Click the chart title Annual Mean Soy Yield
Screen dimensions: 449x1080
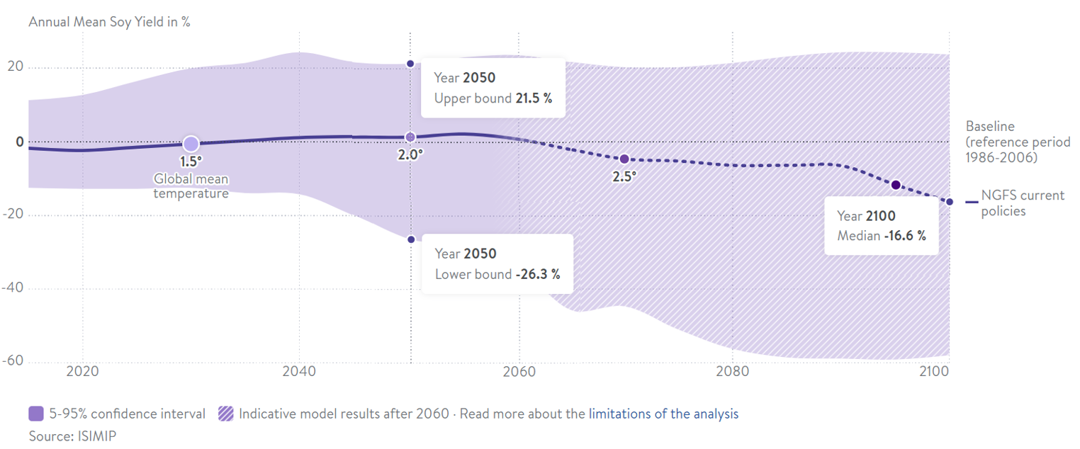(109, 21)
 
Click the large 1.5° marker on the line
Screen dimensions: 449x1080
(191, 144)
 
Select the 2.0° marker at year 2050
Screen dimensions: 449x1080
(410, 137)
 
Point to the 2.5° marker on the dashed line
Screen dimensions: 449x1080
(624, 159)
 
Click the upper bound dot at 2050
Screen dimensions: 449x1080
(410, 64)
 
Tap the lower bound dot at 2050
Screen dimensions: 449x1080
(411, 239)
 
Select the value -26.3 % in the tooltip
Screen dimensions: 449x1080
(537, 274)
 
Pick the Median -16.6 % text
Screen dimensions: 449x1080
(882, 236)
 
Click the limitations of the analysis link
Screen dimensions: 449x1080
(663, 414)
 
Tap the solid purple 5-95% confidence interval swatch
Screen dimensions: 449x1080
(37, 414)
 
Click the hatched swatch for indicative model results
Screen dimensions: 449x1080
(227, 414)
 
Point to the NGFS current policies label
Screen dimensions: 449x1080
(1022, 203)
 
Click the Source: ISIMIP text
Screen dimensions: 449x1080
(72, 436)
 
